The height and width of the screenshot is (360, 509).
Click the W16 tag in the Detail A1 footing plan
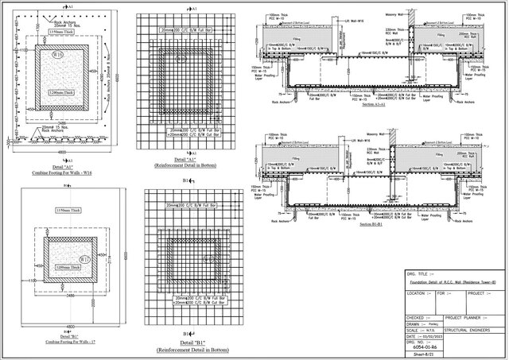pyautogui.click(x=57, y=54)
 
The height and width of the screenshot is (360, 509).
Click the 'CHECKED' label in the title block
pyautogui.click(x=416, y=315)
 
